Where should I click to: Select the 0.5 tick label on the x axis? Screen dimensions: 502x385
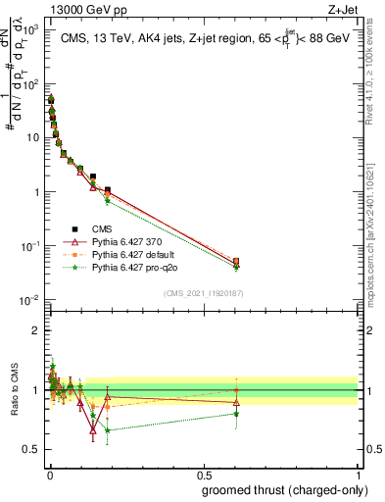[203, 475]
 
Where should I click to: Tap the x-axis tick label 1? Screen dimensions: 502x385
[359, 475]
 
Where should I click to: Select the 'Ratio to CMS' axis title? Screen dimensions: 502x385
[14, 389]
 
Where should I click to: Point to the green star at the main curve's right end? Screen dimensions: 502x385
[235, 267]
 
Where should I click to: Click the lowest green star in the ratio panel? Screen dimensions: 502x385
[108, 429]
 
